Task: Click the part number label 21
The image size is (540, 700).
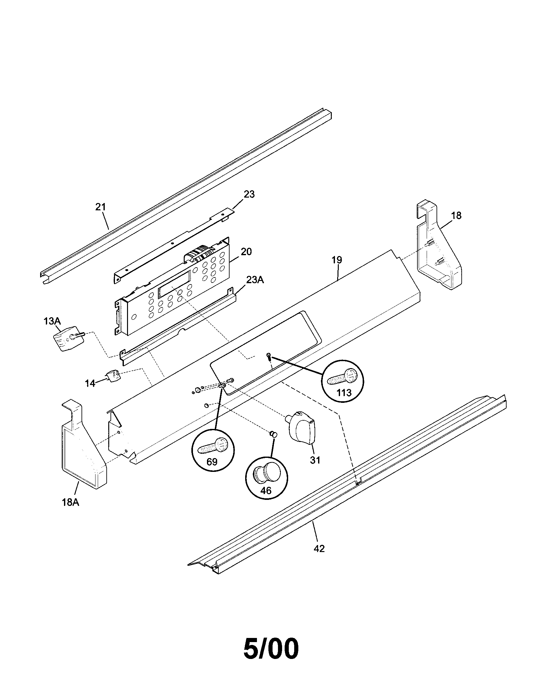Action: [x=100, y=207]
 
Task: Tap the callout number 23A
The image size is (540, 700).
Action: [x=255, y=280]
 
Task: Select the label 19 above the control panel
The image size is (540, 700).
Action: [x=337, y=260]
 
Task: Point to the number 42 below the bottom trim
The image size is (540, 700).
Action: [x=319, y=549]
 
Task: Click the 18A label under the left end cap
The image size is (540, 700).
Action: [x=71, y=502]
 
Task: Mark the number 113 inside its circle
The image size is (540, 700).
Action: [x=344, y=392]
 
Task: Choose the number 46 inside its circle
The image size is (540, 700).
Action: [x=266, y=490]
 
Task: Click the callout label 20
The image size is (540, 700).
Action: [x=246, y=252]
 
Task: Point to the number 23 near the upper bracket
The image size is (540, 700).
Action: [x=249, y=194]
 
